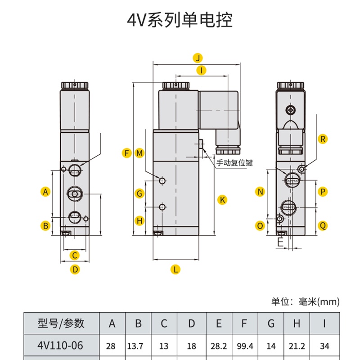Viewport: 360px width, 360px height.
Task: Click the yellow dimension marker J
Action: point(198,58)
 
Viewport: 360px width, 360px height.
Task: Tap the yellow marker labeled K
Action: point(222,200)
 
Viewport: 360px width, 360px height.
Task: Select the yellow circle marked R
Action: point(323,139)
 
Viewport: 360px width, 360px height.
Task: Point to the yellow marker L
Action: point(175,269)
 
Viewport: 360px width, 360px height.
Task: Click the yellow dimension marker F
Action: point(126,153)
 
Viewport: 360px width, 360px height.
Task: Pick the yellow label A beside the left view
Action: point(45,192)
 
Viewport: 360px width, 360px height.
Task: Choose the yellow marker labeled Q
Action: point(323,225)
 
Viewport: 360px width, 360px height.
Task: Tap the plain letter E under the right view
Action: point(280,242)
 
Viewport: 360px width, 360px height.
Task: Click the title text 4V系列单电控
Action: point(180,20)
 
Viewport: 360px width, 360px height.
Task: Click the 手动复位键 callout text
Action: point(234,163)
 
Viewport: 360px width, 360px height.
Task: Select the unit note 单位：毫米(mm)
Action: point(306,301)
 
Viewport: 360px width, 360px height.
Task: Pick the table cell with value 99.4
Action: point(245,346)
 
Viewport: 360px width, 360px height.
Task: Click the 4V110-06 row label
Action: point(60,346)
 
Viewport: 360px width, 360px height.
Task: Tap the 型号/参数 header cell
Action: point(61,323)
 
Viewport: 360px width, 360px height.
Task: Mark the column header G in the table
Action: point(271,323)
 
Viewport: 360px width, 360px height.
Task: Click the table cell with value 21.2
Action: point(297,346)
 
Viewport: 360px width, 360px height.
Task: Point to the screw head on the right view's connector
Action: point(290,110)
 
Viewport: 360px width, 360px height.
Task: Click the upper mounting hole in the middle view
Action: point(162,181)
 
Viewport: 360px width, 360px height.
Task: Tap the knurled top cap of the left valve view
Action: point(75,85)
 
